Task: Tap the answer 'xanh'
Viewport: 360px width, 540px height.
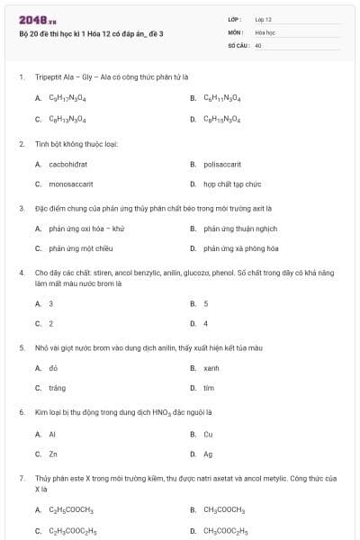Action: (211, 368)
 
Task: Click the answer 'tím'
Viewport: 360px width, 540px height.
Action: (208, 388)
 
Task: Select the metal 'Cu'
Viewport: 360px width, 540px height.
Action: (208, 434)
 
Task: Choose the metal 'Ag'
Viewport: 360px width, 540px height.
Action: (208, 454)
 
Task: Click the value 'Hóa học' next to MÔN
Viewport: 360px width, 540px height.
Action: (265, 31)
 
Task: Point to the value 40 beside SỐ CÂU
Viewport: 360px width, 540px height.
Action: (258, 44)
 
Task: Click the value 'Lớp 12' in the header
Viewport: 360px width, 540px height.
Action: (263, 19)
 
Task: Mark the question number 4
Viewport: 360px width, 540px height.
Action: (22, 271)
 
